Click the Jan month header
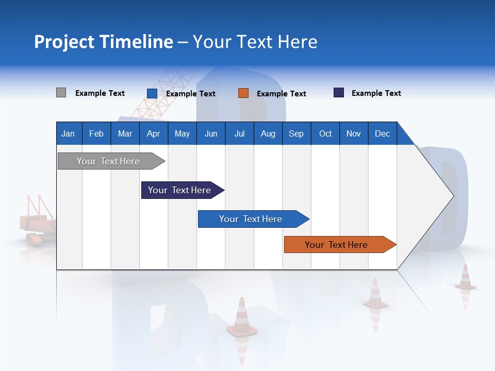pos(68,133)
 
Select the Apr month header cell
pos(153,133)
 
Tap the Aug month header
pos(268,133)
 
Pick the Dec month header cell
pos(382,133)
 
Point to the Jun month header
pos(211,133)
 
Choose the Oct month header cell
pos(325,133)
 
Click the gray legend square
pos(61,93)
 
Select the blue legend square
pos(152,93)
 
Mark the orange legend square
pos(243,93)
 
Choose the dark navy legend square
pos(339,93)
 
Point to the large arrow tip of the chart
pos(443,195)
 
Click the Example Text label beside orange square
pos(281,94)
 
